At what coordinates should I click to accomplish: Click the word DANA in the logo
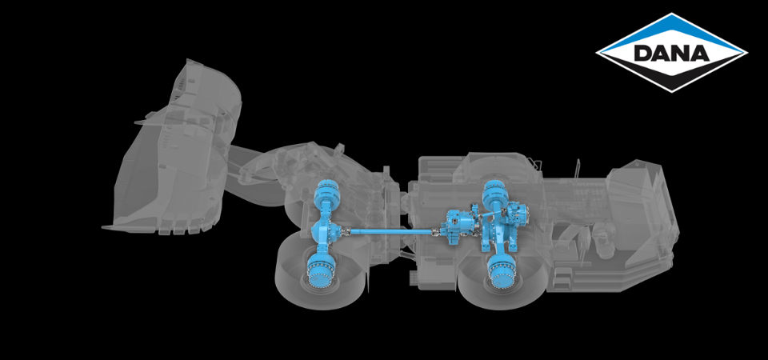click(671, 54)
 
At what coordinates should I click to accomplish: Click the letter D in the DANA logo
click(644, 54)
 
